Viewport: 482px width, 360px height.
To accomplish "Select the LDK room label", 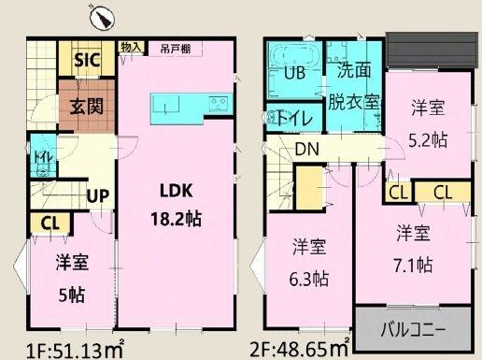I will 175,191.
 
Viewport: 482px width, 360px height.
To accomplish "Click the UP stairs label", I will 95,196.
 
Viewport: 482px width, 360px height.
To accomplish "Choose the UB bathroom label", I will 295,74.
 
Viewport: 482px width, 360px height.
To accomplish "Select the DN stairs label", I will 306,147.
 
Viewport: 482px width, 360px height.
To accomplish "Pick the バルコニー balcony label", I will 412,330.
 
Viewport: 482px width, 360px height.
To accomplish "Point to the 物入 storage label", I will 131,47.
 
